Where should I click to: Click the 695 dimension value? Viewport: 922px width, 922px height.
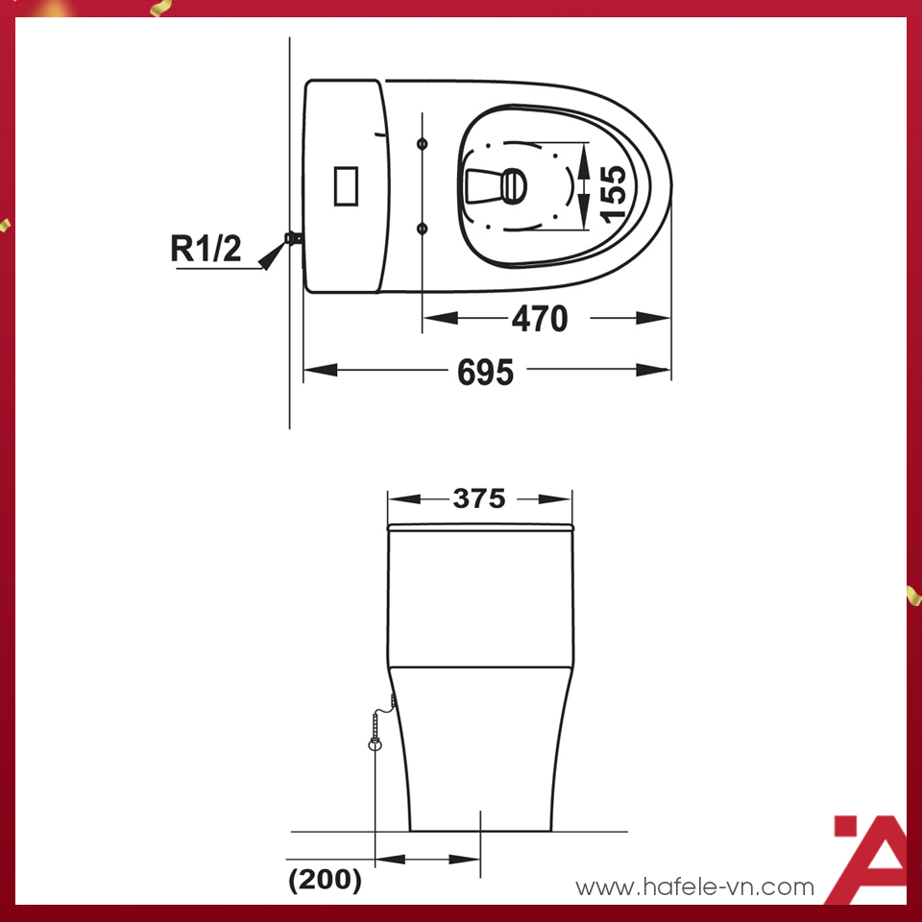click(x=485, y=372)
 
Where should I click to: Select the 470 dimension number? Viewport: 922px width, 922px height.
click(x=539, y=319)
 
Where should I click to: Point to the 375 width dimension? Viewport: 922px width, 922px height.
click(x=479, y=499)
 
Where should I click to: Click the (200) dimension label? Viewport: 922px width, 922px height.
click(x=325, y=880)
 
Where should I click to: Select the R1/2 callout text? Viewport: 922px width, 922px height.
click(x=206, y=249)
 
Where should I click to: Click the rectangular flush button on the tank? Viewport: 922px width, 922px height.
click(x=346, y=184)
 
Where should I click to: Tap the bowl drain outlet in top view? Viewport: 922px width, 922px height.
click(x=514, y=184)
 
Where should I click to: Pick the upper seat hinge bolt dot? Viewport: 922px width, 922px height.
click(x=422, y=144)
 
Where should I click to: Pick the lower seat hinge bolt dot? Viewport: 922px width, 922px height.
click(x=422, y=228)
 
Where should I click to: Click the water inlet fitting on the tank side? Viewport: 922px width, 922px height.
click(x=294, y=236)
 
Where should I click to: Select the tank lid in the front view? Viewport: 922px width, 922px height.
click(x=480, y=527)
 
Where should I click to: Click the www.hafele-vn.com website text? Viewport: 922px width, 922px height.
click(x=694, y=887)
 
